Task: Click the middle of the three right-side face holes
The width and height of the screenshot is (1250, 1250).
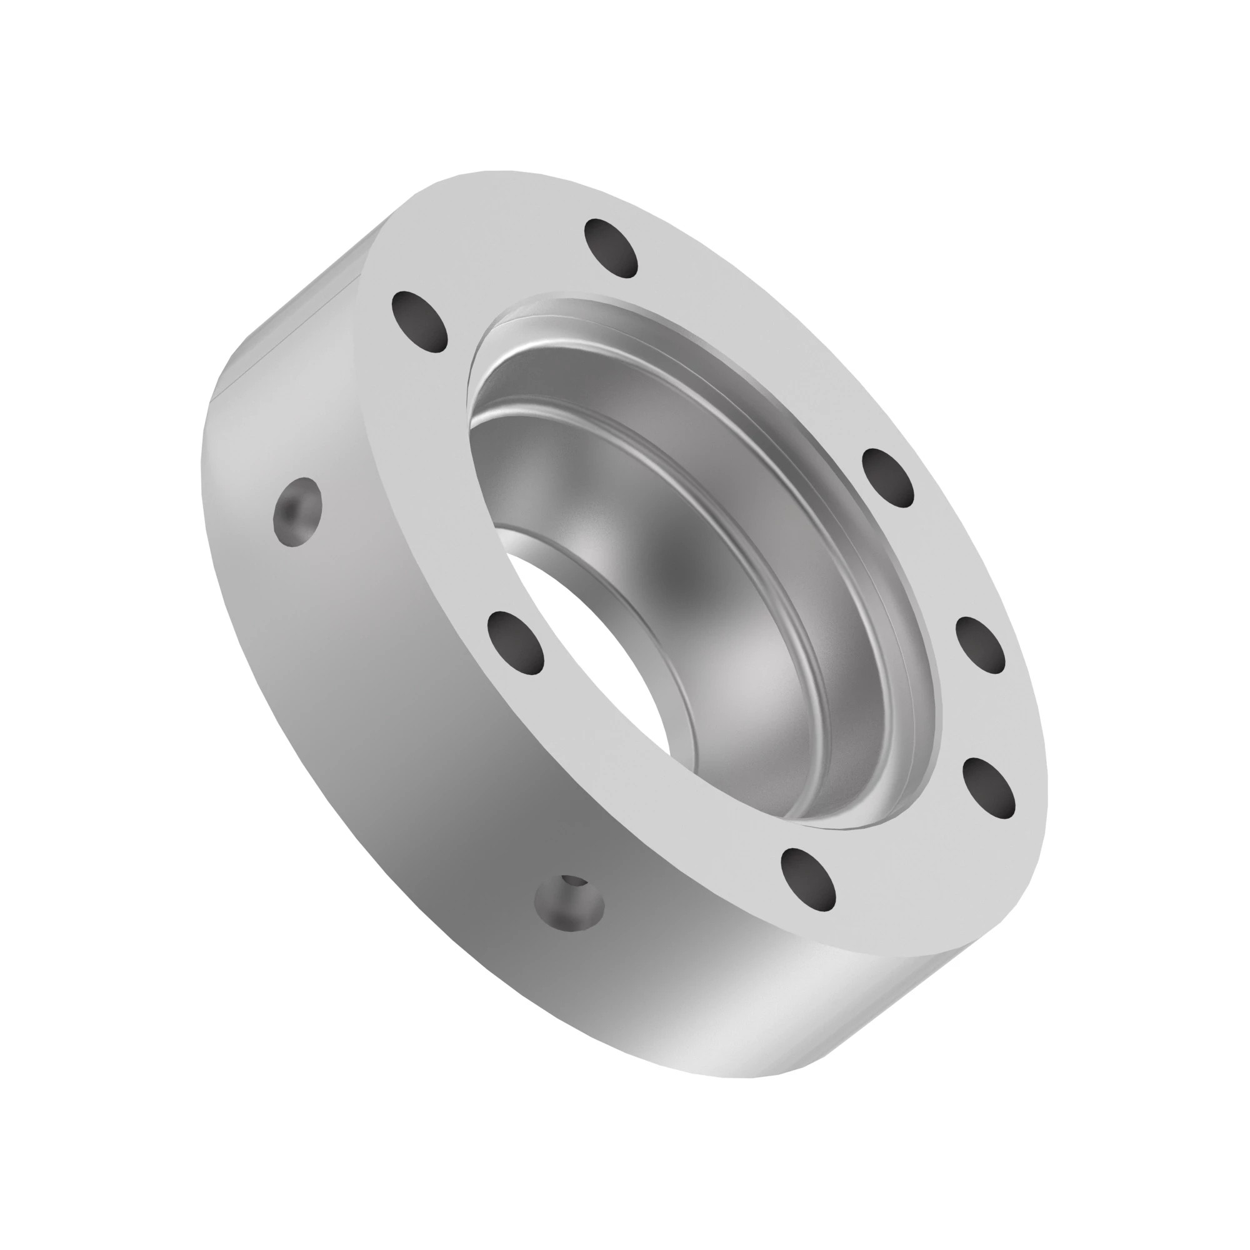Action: [x=980, y=645]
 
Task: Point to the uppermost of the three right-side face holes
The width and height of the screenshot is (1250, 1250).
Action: [x=889, y=477]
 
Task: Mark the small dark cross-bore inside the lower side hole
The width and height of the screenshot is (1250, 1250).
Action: [x=574, y=882]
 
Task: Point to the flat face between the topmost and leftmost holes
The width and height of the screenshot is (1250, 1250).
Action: [x=511, y=272]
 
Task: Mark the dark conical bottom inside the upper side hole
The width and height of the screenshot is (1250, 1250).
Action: [x=290, y=511]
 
